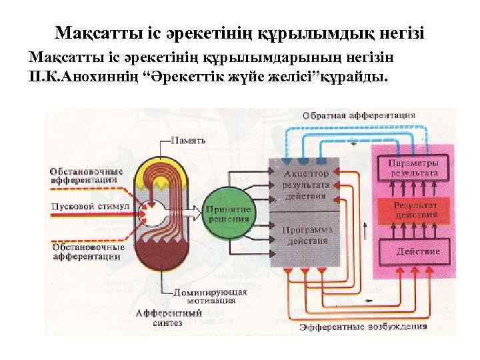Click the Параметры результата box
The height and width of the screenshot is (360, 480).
pos(408,167)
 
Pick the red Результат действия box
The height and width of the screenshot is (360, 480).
pos(408,210)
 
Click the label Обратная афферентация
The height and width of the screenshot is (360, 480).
pos(359,115)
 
